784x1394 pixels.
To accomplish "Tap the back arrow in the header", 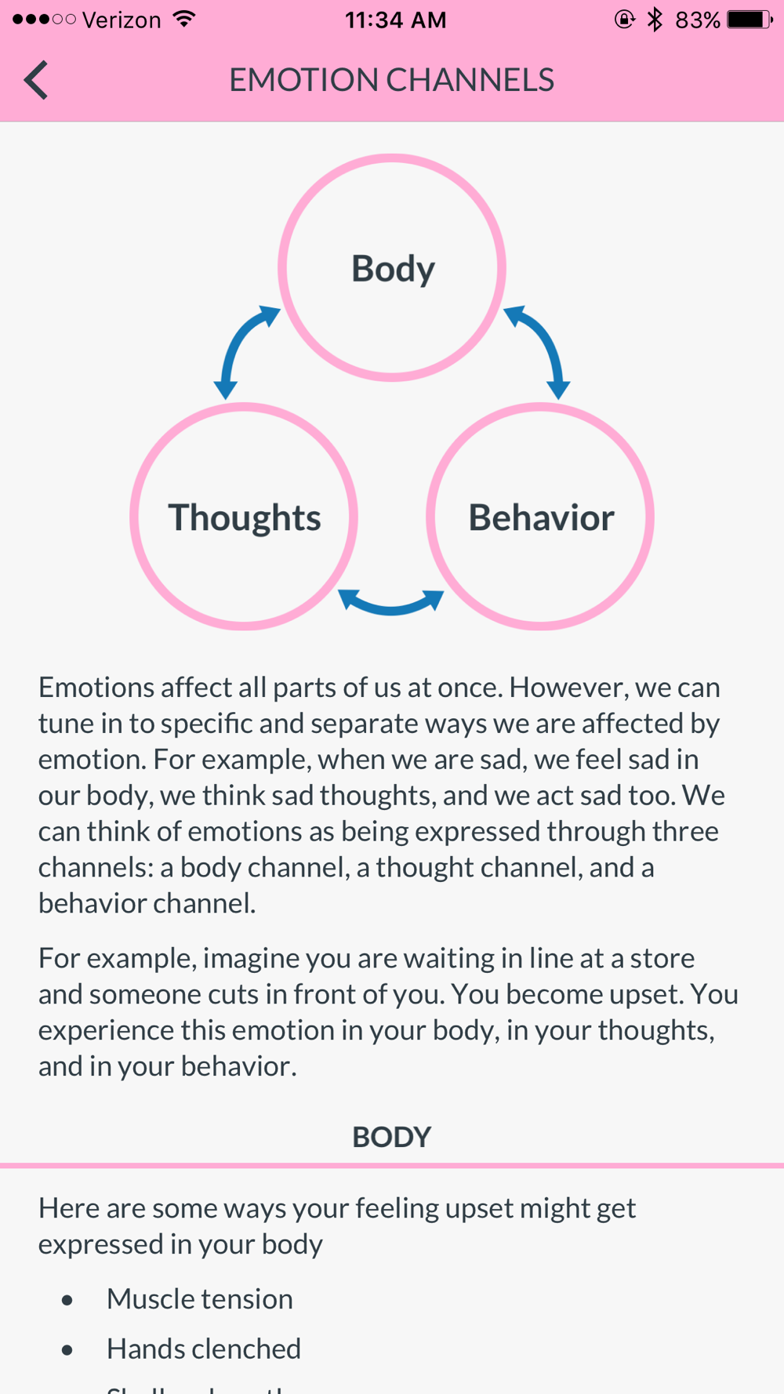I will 36,80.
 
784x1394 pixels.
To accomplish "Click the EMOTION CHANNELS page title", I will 391,80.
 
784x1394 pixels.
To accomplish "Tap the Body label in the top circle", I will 393,269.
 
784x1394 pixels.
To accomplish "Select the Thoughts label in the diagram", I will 245,517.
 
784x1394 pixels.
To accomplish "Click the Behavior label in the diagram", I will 541,517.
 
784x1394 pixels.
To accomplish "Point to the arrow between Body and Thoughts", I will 244,349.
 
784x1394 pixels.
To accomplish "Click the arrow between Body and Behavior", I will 539,349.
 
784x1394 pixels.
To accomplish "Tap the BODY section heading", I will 391,1137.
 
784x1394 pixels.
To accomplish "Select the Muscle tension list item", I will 200,1299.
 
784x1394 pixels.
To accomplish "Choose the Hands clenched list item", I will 204,1349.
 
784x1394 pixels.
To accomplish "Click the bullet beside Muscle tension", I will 67,1300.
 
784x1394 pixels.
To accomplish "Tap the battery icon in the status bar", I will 749,20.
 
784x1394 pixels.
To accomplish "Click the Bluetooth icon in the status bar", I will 655,20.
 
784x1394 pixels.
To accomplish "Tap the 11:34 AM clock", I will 395,20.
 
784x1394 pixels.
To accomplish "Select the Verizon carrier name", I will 122,20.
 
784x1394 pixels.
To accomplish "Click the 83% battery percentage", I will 697,20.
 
